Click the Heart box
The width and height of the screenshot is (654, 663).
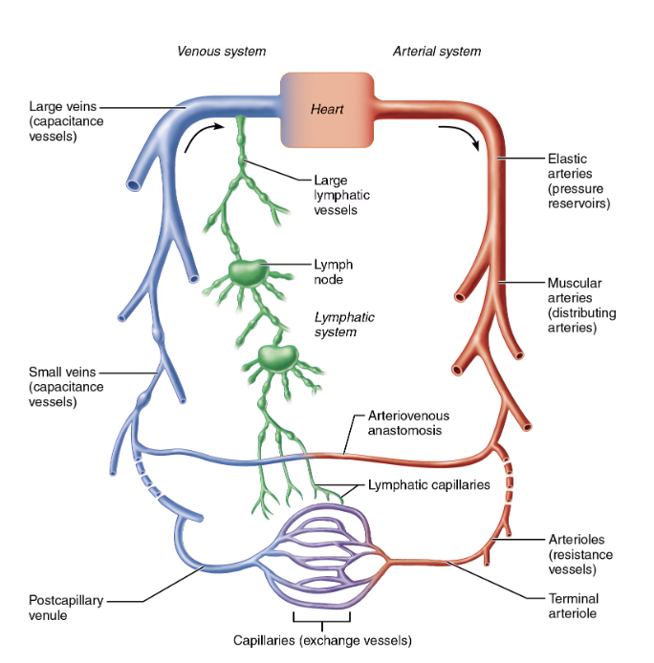[x=327, y=109]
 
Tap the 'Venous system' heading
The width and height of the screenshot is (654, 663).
[x=221, y=51]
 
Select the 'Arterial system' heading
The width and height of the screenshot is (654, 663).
[x=437, y=51]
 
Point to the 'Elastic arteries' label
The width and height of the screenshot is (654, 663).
[x=578, y=181]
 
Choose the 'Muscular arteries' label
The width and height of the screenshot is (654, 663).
[x=581, y=305]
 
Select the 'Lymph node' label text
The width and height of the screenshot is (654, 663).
[x=334, y=272]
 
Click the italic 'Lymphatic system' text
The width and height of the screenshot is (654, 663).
[x=344, y=324]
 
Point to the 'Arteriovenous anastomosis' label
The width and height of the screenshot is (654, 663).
[x=408, y=423]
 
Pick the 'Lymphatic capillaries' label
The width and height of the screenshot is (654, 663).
[x=428, y=484]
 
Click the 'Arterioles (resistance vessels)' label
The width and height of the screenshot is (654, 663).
[x=580, y=554]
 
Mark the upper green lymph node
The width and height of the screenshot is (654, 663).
[x=249, y=272]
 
